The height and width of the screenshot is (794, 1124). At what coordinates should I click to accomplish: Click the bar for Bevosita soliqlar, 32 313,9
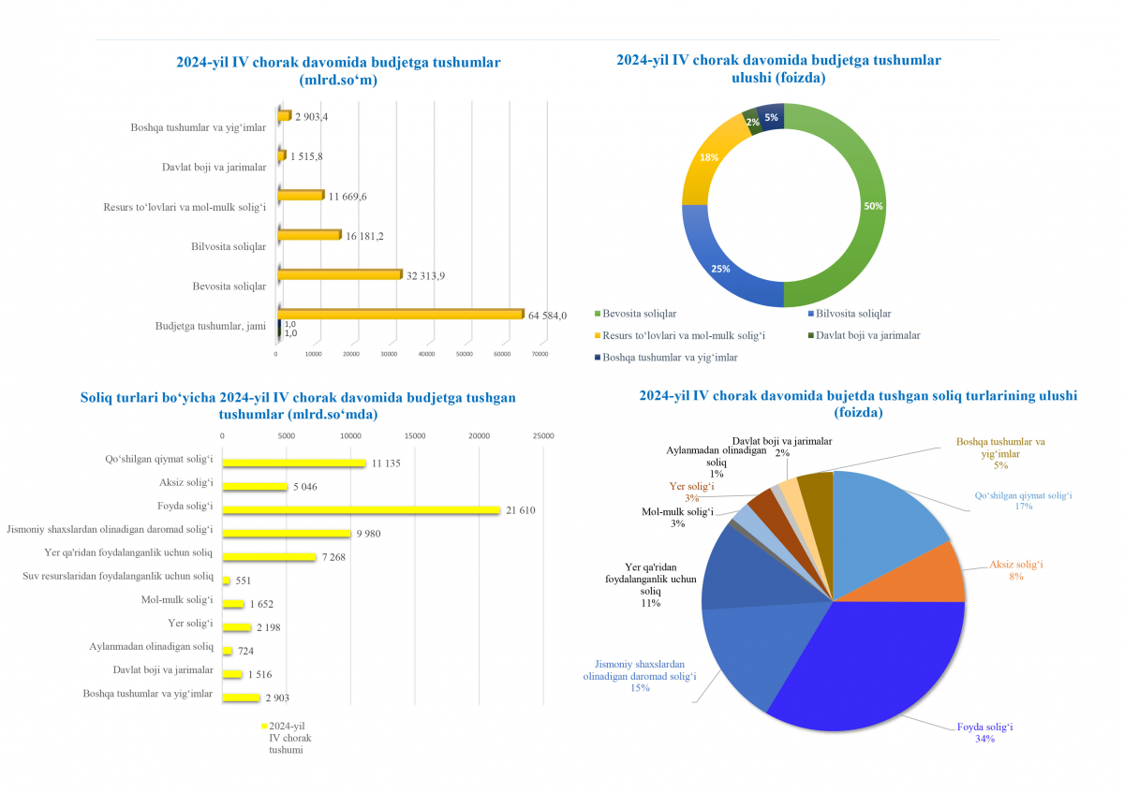[x=339, y=275]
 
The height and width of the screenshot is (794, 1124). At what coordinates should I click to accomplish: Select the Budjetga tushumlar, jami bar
[x=400, y=314]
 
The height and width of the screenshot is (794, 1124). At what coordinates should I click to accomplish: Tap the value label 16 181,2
[x=365, y=237]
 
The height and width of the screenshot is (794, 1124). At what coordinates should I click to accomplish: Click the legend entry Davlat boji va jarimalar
[x=867, y=335]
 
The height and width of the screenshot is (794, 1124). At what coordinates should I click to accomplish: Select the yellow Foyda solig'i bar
[x=361, y=509]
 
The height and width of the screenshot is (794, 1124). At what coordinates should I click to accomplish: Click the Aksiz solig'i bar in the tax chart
[x=254, y=486]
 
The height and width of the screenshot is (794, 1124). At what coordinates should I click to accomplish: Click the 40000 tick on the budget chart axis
[x=426, y=354]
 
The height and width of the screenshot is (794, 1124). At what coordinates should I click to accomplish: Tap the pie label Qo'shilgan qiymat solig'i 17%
[x=1023, y=500]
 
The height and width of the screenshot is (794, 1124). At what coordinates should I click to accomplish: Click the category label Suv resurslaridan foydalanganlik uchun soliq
[x=118, y=576]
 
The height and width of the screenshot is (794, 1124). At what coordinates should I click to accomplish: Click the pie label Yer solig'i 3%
[x=692, y=492]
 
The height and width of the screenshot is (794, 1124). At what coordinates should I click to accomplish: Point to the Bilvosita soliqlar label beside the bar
[x=228, y=247]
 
